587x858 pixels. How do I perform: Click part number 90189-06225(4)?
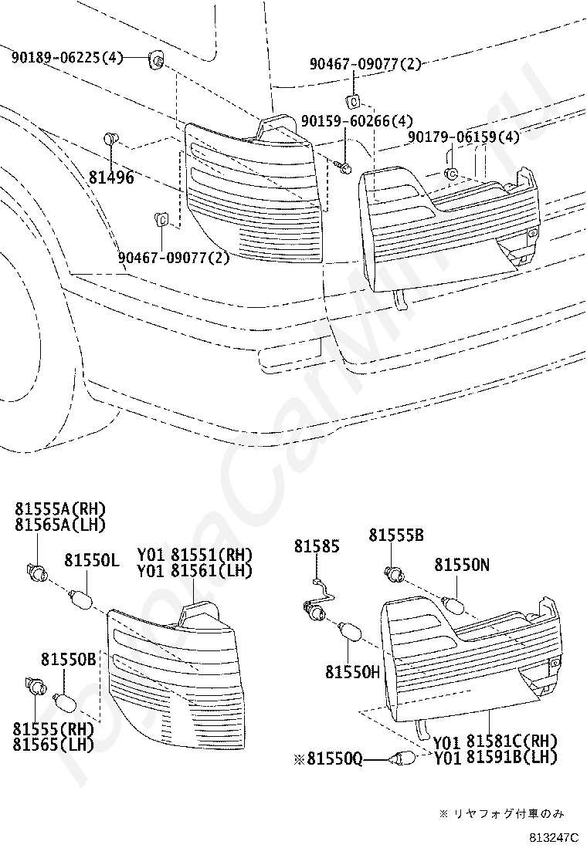point(67,56)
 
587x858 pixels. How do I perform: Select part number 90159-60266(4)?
point(357,121)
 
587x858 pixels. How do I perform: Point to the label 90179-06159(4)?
point(463,137)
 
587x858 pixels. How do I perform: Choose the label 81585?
point(316,546)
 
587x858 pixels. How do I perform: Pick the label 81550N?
point(461,565)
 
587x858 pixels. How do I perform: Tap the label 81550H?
point(352,672)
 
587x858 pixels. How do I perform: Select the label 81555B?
point(396,535)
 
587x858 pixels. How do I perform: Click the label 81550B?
point(68,660)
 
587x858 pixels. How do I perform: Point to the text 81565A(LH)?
point(59,525)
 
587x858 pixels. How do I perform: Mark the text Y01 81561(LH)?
point(195,571)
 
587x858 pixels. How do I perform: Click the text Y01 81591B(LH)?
point(495,758)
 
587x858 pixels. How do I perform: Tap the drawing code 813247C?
point(553,836)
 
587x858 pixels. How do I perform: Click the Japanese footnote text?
point(501,813)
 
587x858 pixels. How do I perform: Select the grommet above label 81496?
point(110,139)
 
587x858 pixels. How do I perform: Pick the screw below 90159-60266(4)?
point(344,167)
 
